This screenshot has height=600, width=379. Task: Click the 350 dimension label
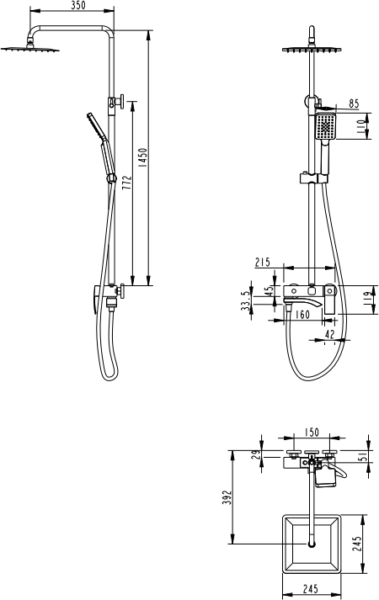click(78, 5)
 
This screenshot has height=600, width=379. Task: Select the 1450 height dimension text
click(142, 157)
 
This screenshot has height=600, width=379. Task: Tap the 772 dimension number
click(127, 183)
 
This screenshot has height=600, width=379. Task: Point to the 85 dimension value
click(354, 104)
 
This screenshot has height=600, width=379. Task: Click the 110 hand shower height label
click(361, 126)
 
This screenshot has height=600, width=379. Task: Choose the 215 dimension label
click(263, 262)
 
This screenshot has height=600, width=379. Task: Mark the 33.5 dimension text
click(245, 300)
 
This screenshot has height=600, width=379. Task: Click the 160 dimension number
click(302, 315)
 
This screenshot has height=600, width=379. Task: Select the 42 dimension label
click(329, 334)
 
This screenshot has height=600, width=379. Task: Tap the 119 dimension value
click(367, 299)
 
